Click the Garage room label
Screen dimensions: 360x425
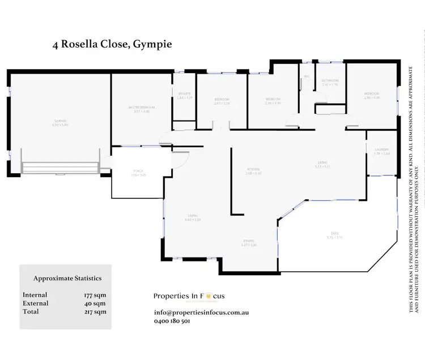[x=59, y=121]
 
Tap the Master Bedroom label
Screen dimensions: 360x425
[x=141, y=108]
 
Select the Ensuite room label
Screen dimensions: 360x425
[x=184, y=94]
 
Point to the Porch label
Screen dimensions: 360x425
[x=138, y=170]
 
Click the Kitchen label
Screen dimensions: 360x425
[x=253, y=170]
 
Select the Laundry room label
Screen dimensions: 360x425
[x=381, y=150]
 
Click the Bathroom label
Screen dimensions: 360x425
[x=330, y=82]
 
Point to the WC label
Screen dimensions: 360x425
[x=307, y=77]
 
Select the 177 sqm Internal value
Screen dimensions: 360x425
[x=94, y=295]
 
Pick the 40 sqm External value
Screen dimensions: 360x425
[x=95, y=303]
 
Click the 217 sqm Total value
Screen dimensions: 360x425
[x=94, y=312]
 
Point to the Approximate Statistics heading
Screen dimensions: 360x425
[x=67, y=278]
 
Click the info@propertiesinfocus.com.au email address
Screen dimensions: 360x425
[x=201, y=312]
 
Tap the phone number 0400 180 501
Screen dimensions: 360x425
[x=172, y=321]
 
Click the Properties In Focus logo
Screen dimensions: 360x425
[x=189, y=296]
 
